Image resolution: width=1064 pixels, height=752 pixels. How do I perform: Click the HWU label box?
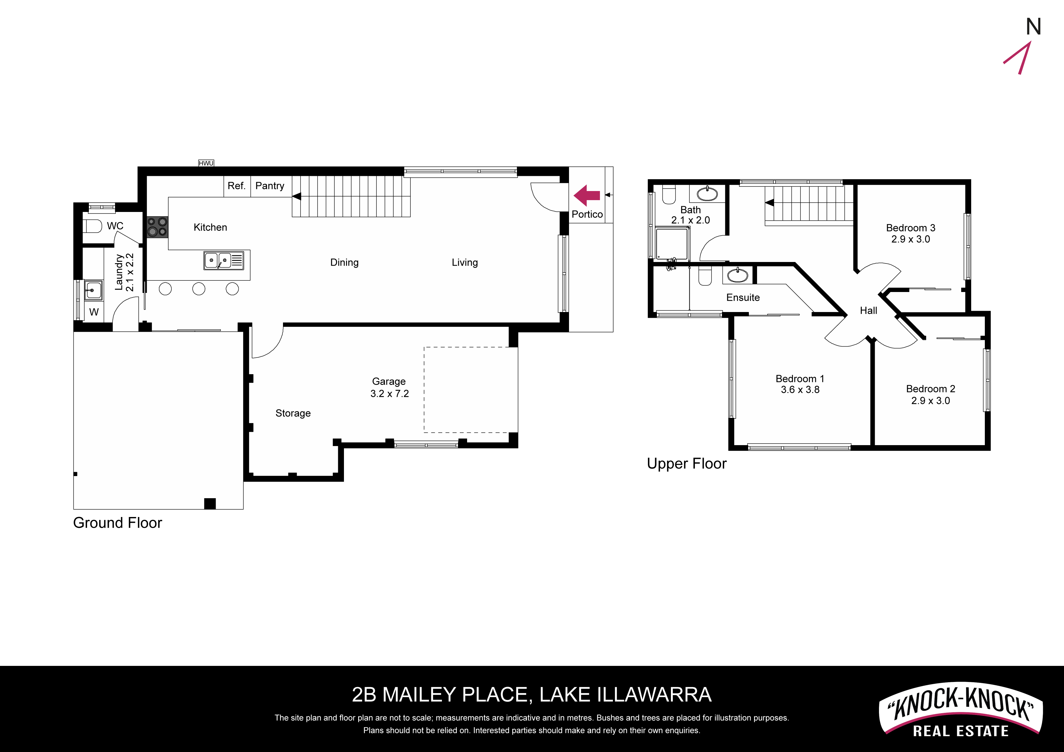206,163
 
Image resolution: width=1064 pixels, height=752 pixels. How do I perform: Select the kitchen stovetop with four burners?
157,227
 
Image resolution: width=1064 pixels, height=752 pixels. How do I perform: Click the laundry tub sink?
93,290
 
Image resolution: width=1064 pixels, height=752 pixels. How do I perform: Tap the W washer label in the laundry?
94,312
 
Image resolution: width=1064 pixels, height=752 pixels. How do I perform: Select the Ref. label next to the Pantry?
236,186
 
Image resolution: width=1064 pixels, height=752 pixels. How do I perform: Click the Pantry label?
270,186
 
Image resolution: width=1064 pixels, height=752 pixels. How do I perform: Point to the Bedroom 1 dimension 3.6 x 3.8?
800,390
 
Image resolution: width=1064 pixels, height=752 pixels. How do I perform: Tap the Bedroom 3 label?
911,228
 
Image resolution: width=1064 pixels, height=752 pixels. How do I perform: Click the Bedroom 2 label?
931,389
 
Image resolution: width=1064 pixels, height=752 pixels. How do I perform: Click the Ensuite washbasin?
737,276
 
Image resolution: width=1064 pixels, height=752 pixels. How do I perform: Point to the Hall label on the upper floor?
868,311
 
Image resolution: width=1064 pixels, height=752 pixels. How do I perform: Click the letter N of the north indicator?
1033,27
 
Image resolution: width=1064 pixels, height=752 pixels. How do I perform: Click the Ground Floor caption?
118,523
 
